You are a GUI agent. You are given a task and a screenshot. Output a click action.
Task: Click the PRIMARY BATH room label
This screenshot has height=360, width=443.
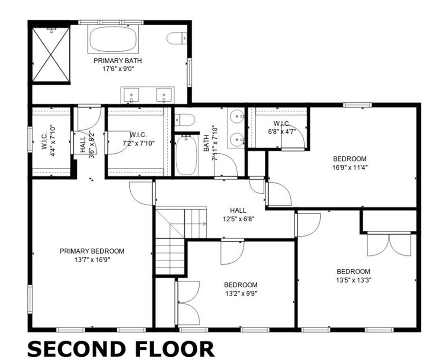tap(117, 61)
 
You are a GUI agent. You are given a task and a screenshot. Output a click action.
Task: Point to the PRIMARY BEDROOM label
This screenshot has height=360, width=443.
tap(92, 251)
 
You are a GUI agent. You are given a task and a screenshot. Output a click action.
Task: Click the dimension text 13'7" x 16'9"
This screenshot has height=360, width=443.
tap(92, 260)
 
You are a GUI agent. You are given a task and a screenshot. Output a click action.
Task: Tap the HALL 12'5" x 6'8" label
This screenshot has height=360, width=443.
tap(238, 215)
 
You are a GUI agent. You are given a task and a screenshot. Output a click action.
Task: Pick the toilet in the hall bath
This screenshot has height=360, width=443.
tap(185, 120)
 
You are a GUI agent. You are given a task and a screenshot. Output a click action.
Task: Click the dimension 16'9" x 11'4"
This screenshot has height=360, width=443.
tap(350, 167)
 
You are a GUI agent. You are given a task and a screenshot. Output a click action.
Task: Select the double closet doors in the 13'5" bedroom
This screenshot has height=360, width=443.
tap(390, 244)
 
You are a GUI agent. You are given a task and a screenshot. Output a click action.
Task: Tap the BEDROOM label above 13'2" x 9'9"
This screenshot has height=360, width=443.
tap(241, 285)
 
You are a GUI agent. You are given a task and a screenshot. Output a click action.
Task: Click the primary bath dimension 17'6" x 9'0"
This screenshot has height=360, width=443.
tap(117, 69)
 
